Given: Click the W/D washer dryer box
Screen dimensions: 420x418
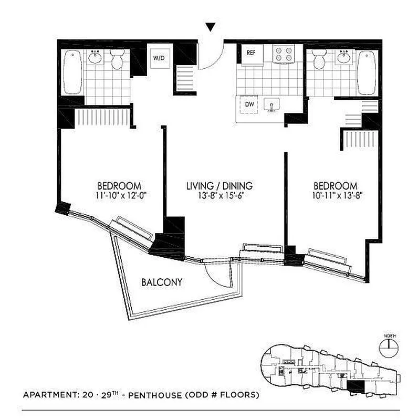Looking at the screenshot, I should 159,57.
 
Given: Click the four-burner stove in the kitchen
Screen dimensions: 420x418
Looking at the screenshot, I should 284,54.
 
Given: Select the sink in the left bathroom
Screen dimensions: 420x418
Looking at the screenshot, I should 95,57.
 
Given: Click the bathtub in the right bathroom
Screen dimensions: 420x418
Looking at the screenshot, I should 367,72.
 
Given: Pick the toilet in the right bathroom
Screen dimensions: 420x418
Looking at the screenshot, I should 319,60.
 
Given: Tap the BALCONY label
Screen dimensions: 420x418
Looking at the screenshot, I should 162,282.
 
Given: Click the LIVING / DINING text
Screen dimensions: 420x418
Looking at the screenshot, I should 220,186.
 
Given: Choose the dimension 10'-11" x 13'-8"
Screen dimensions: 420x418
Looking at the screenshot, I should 336,196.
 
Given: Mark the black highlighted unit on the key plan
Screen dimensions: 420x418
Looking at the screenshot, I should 356,387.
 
